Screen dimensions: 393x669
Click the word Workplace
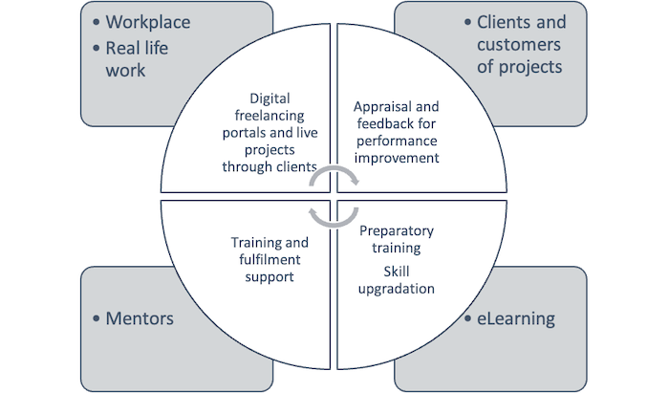click(148, 22)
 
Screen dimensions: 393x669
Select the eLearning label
click(515, 317)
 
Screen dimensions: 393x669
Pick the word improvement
click(396, 158)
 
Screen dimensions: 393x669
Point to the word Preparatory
click(396, 230)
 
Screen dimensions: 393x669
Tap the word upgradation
click(396, 288)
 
